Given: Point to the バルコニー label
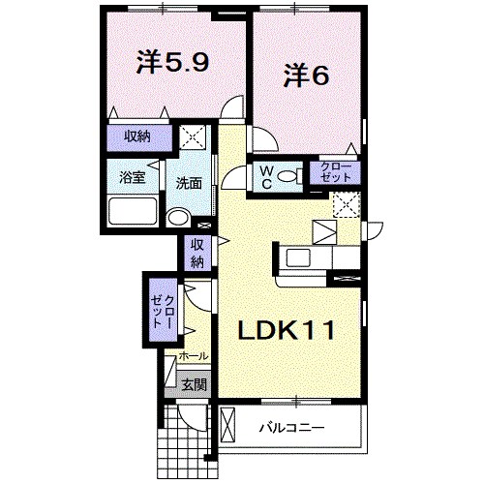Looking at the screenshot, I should (x=291, y=427).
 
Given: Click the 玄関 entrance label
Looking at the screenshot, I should (x=194, y=384).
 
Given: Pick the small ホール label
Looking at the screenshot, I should (x=194, y=356).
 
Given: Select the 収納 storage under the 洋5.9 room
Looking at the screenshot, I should (x=137, y=137).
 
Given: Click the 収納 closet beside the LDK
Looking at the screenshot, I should (x=197, y=253).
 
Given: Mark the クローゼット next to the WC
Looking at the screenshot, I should (x=338, y=175).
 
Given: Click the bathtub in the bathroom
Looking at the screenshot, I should (x=134, y=211).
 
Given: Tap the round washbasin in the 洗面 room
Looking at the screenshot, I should (x=178, y=217).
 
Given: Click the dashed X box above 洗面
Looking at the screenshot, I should (x=195, y=137).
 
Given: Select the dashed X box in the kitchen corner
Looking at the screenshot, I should (x=346, y=204).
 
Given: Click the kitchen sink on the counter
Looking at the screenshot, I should (x=298, y=257).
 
